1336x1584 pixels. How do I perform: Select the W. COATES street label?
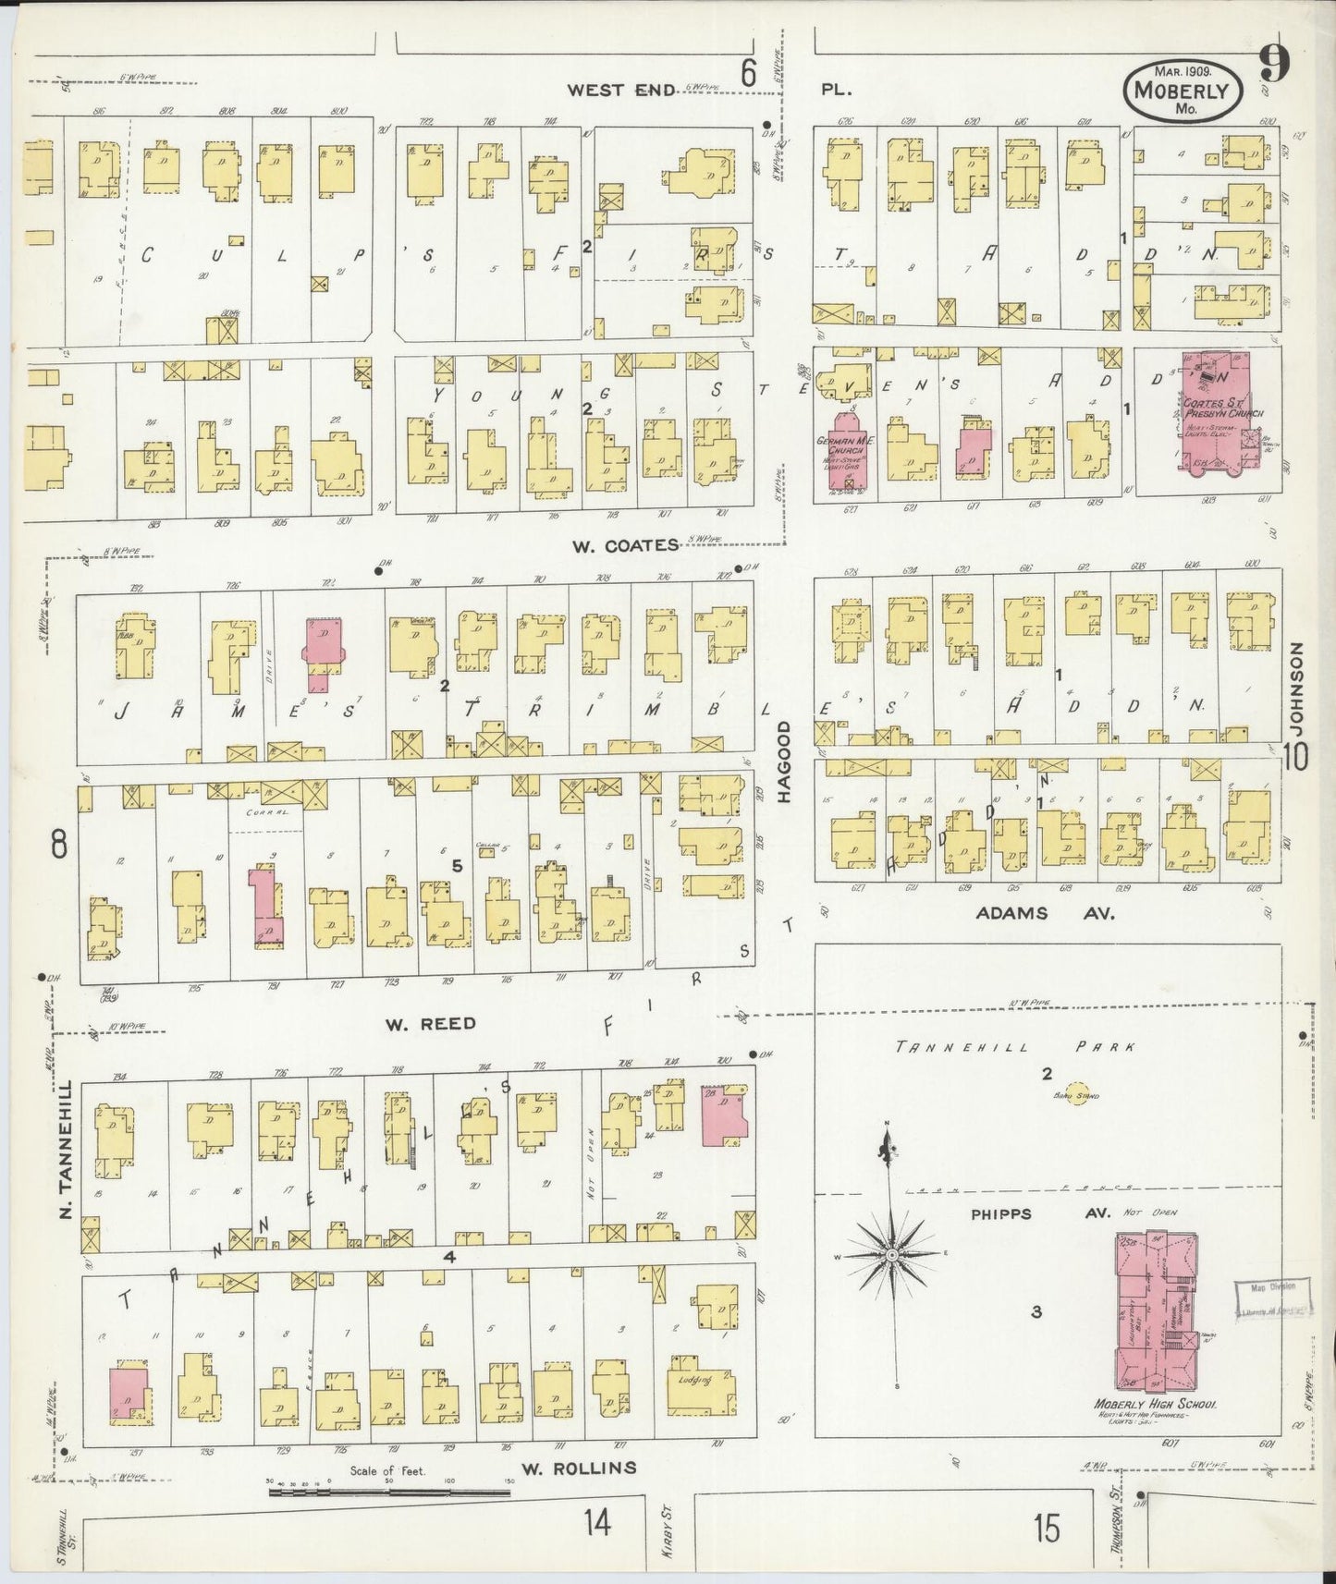(x=625, y=545)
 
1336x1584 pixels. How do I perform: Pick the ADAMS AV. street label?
(x=1046, y=913)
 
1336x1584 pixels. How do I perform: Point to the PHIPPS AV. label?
(x=1000, y=1213)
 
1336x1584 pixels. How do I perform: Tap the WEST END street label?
(x=611, y=90)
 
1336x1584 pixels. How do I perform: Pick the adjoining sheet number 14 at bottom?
(x=597, y=1523)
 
